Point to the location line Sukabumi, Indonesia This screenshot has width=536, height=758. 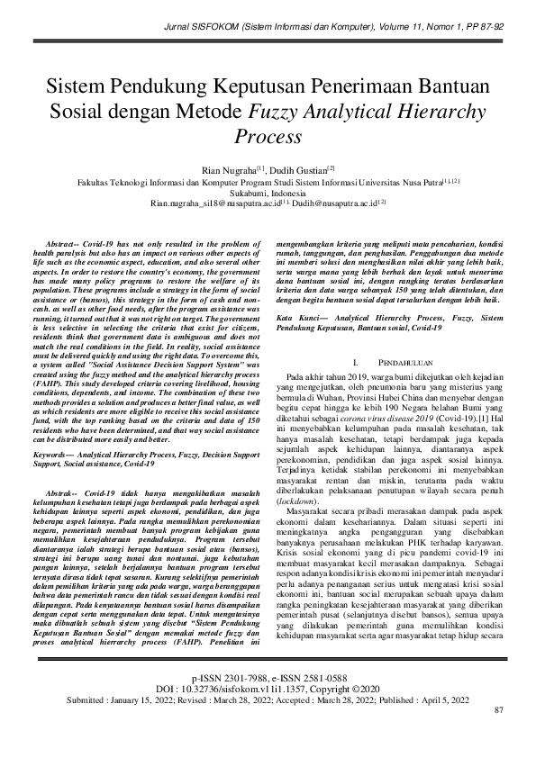[268, 192]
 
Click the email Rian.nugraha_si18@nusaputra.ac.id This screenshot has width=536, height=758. [214, 203]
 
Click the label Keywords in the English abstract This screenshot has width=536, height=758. [63, 432]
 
